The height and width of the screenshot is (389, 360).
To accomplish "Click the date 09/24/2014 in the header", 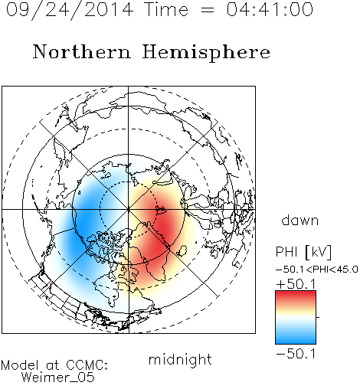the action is [x=70, y=10].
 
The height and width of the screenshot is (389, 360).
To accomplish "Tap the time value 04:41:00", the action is [x=270, y=9].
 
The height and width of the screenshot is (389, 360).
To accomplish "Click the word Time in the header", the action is [x=166, y=9].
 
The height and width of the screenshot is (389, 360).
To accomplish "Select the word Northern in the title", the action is [x=82, y=51].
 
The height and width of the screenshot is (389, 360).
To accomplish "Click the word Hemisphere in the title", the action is [x=206, y=53].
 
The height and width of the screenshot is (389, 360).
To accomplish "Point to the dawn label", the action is [x=300, y=220].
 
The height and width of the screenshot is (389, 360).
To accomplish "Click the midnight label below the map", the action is [x=180, y=360].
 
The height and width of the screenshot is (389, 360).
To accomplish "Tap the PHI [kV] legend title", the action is [x=303, y=252].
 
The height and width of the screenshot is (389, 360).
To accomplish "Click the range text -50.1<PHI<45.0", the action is [x=317, y=270].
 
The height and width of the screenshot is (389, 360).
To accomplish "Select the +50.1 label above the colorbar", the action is [x=296, y=284].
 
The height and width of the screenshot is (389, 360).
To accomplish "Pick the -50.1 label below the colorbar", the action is [x=296, y=354].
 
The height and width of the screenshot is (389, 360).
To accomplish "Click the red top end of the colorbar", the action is [x=296, y=293].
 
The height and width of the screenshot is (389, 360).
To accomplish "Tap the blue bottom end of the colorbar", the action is [x=296, y=342].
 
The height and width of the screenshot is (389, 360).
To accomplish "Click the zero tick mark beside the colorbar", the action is [x=318, y=317].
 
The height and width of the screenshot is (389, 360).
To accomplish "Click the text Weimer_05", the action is [x=58, y=378].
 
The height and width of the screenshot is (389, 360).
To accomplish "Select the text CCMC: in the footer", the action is [x=87, y=365].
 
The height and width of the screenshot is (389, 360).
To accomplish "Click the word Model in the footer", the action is [x=20, y=365].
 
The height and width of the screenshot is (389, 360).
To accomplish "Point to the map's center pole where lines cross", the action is [x=128, y=210].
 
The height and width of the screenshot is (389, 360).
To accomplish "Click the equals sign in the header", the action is [x=208, y=11].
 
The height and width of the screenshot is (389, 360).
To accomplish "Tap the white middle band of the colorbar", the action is [x=296, y=317].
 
